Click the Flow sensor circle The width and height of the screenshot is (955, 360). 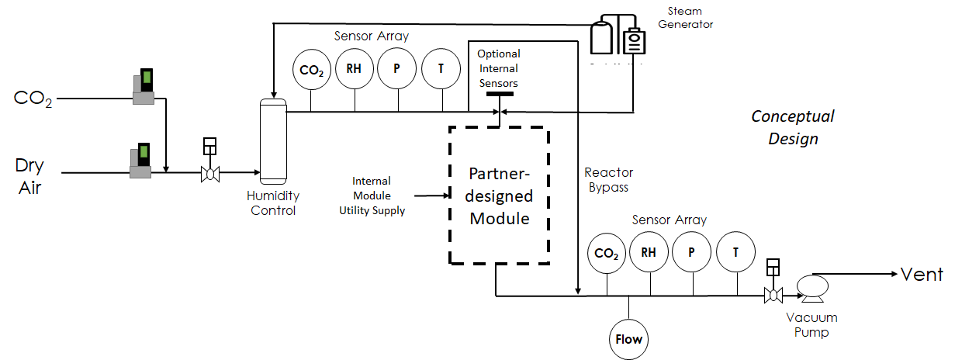629,339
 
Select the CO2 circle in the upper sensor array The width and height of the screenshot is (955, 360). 312,69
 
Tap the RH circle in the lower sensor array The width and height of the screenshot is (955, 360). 649,251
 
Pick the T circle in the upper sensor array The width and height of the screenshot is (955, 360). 441,68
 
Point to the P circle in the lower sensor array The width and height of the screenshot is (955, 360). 692,251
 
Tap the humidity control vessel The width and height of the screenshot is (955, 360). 272,140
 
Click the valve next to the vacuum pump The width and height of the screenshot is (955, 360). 772,295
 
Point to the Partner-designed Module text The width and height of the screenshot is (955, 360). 500,196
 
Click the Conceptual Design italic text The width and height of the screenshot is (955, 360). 793,127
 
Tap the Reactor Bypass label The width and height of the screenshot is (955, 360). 608,180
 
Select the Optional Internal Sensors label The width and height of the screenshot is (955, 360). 498,68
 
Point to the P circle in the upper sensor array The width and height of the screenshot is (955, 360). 397,68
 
